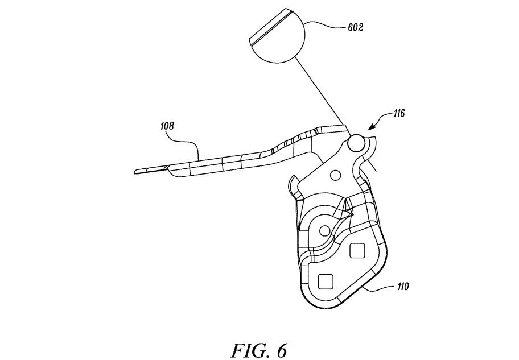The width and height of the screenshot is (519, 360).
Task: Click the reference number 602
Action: (x=355, y=27)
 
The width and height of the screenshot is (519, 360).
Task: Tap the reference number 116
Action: (x=398, y=114)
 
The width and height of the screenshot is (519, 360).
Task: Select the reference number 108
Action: (x=167, y=126)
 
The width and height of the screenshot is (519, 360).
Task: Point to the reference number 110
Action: (x=402, y=286)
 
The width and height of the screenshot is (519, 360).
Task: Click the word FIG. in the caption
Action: (x=248, y=351)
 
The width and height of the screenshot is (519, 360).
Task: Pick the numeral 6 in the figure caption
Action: (x=282, y=351)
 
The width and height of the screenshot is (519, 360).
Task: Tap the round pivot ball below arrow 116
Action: (x=356, y=143)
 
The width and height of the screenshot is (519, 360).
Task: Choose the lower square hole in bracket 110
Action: (x=326, y=282)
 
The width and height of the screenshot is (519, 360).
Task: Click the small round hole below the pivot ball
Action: (x=335, y=175)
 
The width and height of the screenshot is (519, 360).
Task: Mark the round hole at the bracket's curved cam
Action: (x=324, y=230)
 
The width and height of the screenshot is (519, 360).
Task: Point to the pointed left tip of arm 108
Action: (x=135, y=172)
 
